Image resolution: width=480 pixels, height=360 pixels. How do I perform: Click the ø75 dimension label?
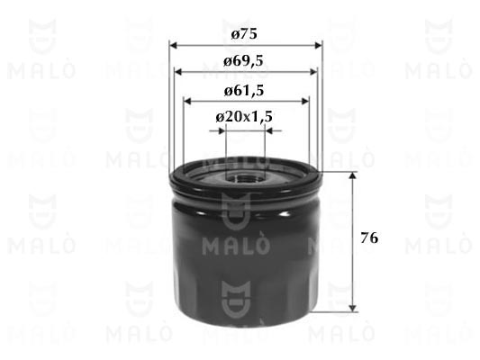[x=244, y=34]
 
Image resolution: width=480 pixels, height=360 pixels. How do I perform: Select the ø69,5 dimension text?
[x=243, y=61]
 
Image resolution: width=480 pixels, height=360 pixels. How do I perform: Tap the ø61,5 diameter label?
[x=244, y=91]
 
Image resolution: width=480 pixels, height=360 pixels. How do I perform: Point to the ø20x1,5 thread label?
[x=244, y=116]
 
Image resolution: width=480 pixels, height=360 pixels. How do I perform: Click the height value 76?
[x=369, y=238]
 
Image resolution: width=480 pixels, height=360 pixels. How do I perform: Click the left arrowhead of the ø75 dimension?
[x=173, y=46]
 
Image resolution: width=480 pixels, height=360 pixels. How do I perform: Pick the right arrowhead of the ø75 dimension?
[x=319, y=46]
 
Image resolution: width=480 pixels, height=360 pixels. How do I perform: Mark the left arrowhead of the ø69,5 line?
[x=178, y=72]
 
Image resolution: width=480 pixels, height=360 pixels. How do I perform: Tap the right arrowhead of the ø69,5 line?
[x=313, y=72]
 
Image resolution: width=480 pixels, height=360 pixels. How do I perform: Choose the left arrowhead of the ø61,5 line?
[x=187, y=101]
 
